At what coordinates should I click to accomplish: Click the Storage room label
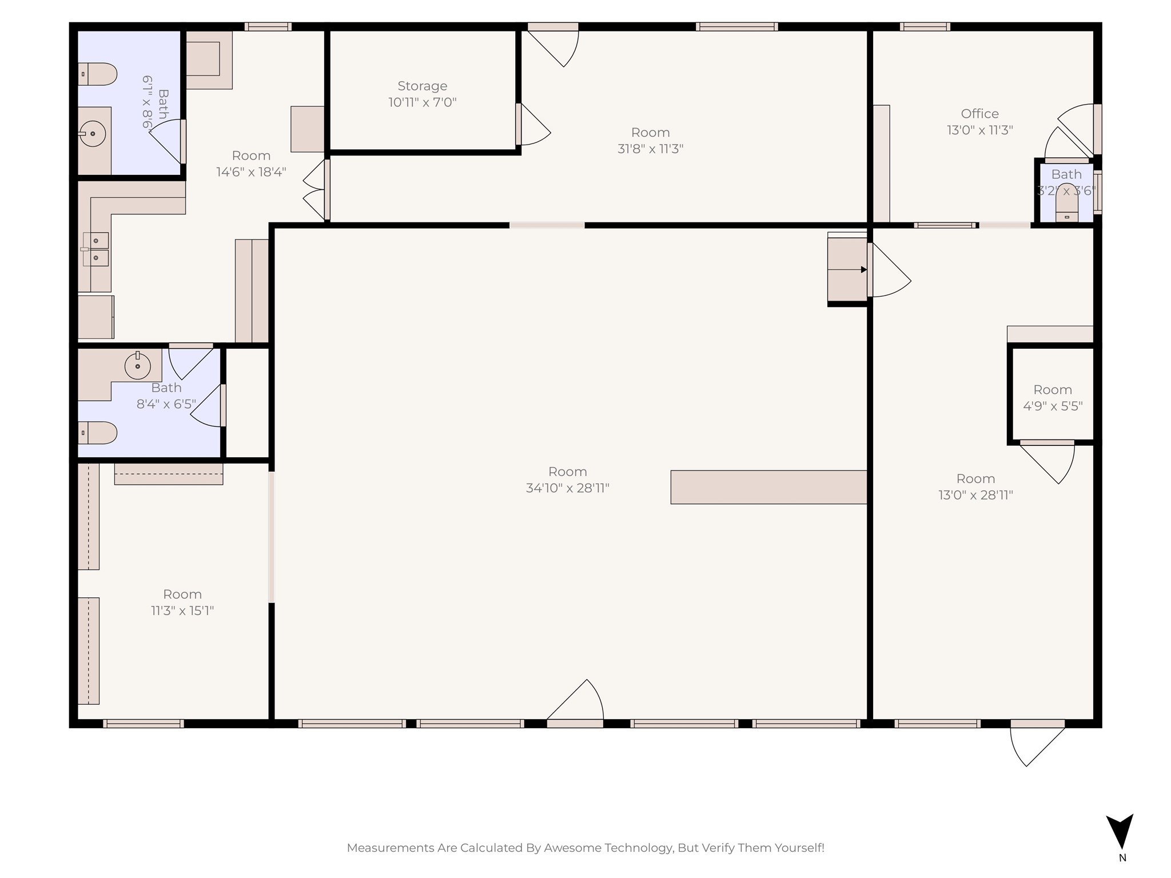[x=423, y=86]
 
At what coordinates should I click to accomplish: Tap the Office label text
[x=979, y=113]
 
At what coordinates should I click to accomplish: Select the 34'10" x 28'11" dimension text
[x=568, y=488]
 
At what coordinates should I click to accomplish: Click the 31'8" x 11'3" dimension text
[x=651, y=149]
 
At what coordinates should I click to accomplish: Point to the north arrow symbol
[x=1120, y=832]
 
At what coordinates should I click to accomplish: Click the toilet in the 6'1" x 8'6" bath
[x=97, y=74]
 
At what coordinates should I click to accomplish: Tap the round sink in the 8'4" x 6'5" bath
[x=137, y=366]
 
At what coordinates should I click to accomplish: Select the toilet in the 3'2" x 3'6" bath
[x=1066, y=203]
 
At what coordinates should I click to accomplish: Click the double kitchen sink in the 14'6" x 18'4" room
[x=95, y=249]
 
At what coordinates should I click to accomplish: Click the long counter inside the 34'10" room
[x=768, y=487]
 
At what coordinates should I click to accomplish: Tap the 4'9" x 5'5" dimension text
[x=1053, y=406]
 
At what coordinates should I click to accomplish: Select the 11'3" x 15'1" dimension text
[x=182, y=610]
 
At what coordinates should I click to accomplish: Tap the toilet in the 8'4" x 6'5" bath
[x=97, y=433]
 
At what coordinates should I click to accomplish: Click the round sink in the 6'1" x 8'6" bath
[x=92, y=134]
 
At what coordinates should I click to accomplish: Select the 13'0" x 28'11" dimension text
[x=975, y=495]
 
